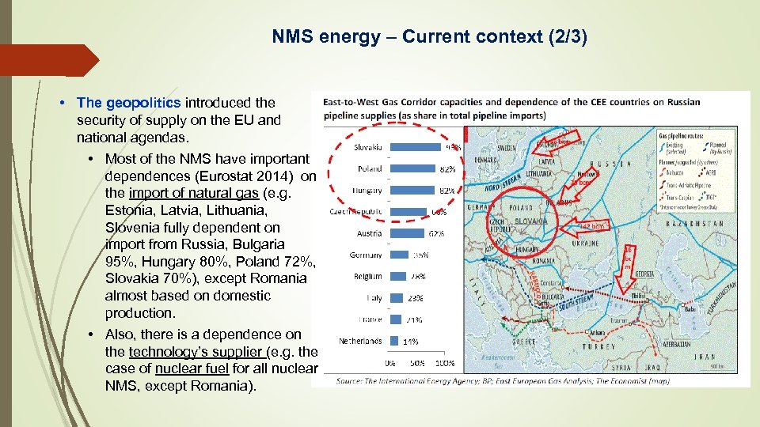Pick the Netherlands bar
[x=393, y=342]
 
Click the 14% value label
[x=411, y=342]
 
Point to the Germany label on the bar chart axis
[x=365, y=255]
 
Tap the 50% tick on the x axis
[x=418, y=364]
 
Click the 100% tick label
[x=445, y=364]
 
